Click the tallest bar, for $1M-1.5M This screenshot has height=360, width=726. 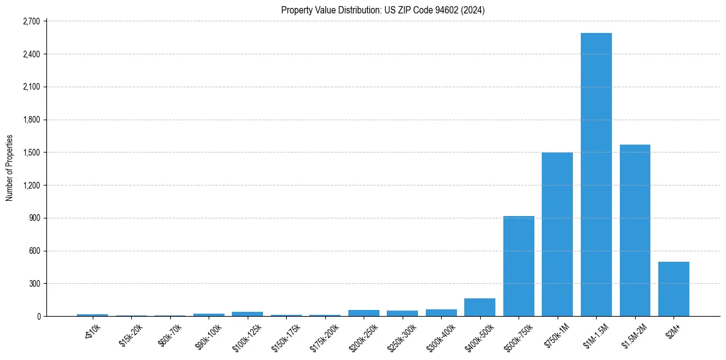click(596, 175)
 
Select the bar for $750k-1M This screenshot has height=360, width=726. click(557, 234)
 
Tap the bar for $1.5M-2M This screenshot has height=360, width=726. click(635, 231)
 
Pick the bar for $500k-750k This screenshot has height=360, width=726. click(519, 266)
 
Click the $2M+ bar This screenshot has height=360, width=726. click(674, 289)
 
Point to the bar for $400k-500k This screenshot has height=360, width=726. click(480, 308)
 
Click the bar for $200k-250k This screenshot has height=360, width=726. click(364, 313)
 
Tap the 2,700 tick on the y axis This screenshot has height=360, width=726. click(31, 21)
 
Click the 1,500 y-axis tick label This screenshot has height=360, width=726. click(31, 153)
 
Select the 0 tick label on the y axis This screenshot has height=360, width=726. click(38, 317)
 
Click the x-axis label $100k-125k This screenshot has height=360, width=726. click(248, 335)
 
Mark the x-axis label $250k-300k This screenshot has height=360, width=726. click(403, 335)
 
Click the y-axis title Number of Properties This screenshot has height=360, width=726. click(10, 168)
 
